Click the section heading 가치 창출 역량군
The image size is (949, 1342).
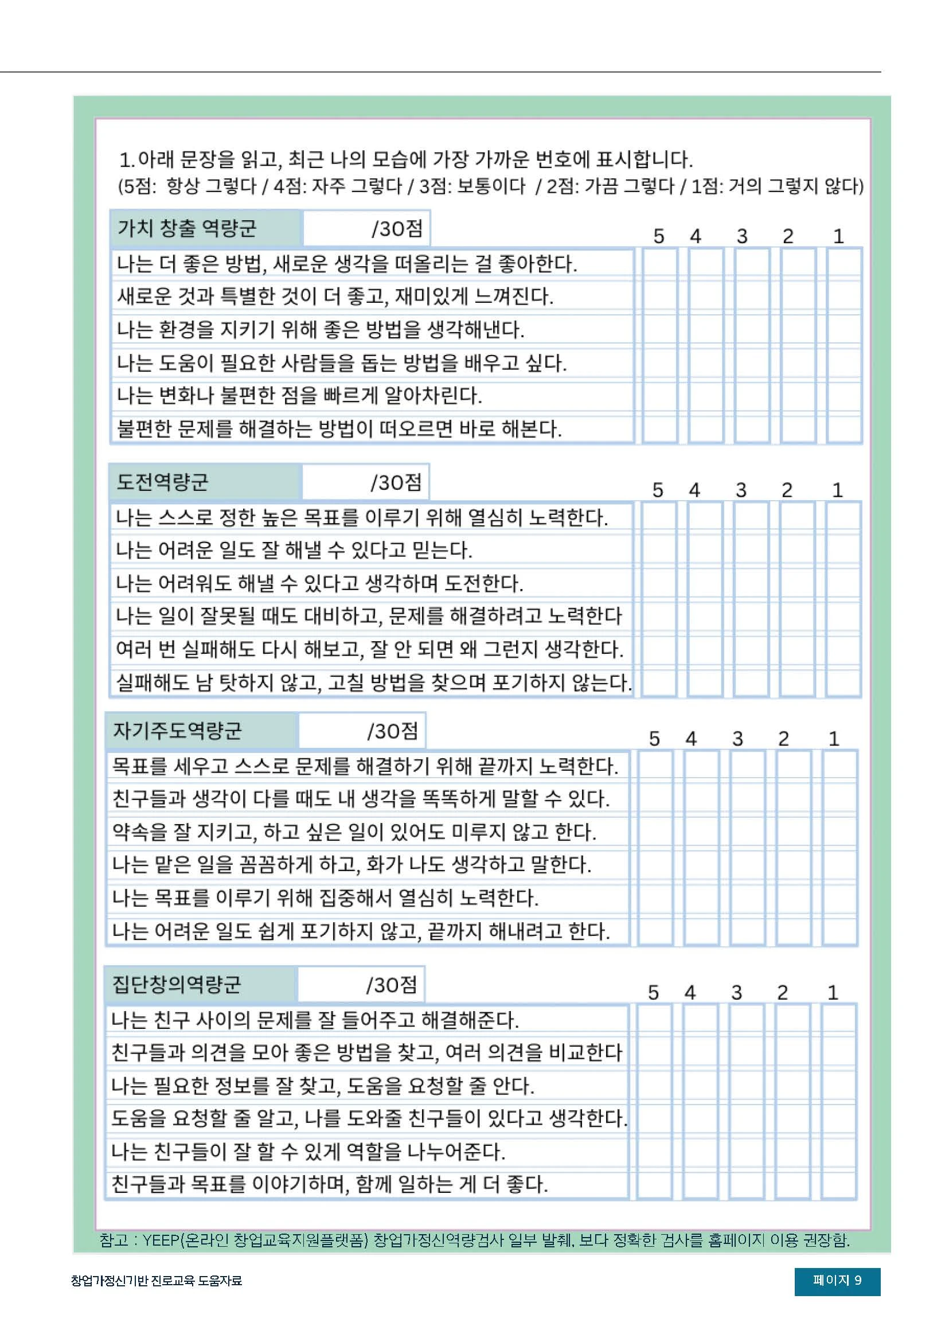click(187, 228)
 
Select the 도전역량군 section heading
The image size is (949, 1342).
click(162, 482)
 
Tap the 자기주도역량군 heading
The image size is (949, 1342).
click(177, 730)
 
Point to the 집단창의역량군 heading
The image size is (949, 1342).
click(176, 984)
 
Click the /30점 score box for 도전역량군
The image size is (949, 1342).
click(366, 482)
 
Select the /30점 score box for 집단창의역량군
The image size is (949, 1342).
click(361, 985)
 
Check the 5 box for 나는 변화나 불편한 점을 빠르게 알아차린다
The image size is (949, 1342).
click(660, 396)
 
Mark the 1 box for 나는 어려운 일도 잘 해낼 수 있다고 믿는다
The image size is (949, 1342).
click(843, 550)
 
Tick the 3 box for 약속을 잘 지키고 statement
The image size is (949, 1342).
click(747, 831)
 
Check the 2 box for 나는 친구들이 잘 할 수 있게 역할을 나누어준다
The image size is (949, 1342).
click(793, 1152)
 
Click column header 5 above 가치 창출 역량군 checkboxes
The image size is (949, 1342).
click(659, 236)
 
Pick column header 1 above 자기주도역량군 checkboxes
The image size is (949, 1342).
click(834, 739)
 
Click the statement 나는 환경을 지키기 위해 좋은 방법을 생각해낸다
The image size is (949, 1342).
click(320, 330)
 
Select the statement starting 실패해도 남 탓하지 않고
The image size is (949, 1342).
click(373, 682)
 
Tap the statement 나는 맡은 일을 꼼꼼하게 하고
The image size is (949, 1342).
click(351, 864)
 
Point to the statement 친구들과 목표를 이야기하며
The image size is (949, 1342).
click(330, 1184)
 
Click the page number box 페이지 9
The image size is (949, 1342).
click(837, 1280)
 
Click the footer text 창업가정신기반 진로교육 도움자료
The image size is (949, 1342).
click(156, 1281)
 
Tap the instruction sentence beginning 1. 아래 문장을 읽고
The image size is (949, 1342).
click(405, 159)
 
